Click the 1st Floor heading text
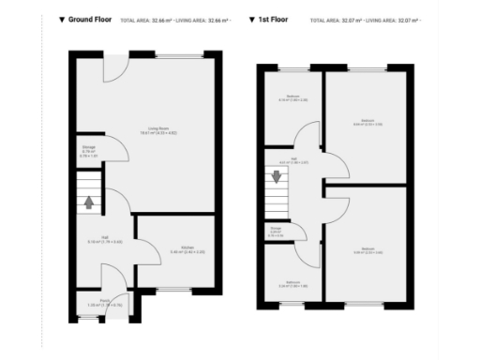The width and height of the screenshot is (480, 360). tap(275, 19)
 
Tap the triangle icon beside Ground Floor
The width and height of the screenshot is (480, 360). tap(62, 19)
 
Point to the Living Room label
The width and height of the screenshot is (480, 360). tap(157, 128)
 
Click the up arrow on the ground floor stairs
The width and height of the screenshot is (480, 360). tap(89, 201)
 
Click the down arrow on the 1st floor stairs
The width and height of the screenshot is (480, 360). tap(277, 175)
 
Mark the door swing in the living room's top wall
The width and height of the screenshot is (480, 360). tap(112, 68)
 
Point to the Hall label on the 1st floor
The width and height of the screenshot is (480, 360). tap(300, 160)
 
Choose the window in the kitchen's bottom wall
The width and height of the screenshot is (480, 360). tap(172, 289)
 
